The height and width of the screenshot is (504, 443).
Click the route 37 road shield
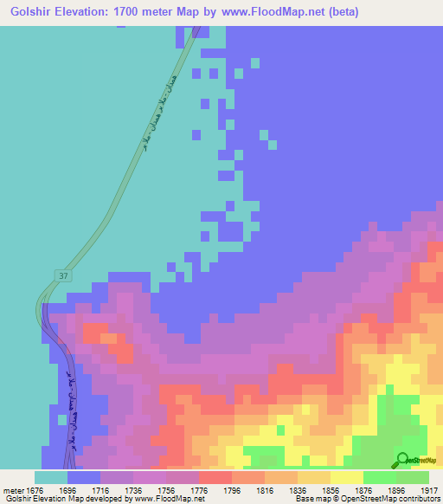click(62, 275)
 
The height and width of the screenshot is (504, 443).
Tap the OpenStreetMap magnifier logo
click(403, 459)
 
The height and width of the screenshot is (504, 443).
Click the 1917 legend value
click(429, 489)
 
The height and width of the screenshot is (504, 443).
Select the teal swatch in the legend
click(51, 477)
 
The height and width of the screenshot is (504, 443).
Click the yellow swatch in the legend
click(347, 477)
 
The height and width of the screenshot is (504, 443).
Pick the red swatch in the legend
click(215, 477)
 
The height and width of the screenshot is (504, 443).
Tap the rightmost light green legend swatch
click(413, 477)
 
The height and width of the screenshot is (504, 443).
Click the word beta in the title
click(342, 12)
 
